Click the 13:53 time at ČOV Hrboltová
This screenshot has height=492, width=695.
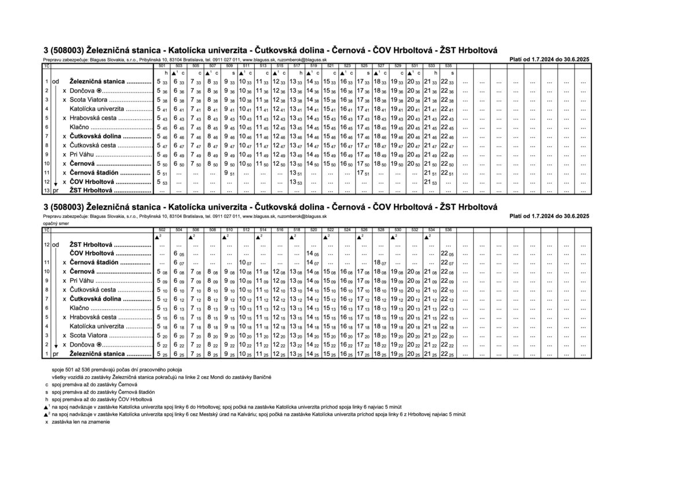pyautogui.click(x=296, y=183)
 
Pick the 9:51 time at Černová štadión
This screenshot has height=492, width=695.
pyautogui.click(x=229, y=173)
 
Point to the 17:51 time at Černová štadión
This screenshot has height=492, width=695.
pyautogui.click(x=363, y=173)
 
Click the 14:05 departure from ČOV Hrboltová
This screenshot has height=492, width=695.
pyautogui.click(x=313, y=254)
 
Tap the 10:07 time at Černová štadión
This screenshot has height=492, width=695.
pyautogui.click(x=246, y=263)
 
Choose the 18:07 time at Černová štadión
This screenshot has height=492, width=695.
pyautogui.click(x=380, y=263)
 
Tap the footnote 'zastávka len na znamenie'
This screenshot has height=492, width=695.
pyautogui.click(x=81, y=422)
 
